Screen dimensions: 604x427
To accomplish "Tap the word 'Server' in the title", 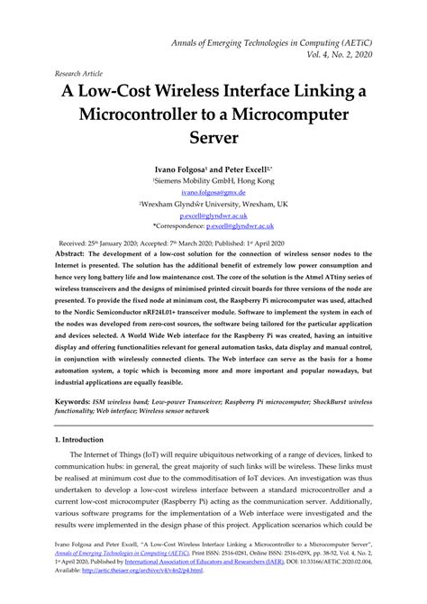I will click(213, 140).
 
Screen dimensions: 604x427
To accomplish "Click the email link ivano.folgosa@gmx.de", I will click(213, 193).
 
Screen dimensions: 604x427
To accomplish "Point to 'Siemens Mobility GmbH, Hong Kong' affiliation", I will click(213, 180).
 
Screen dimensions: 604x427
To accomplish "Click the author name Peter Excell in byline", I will click(248, 169).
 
